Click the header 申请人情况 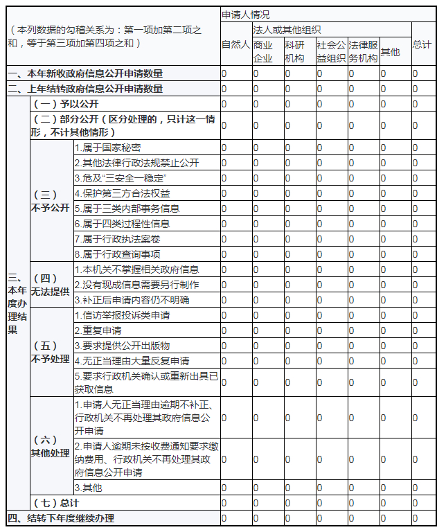click(246, 14)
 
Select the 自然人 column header click(235, 44)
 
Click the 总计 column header click(422, 44)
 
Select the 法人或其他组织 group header click(287, 30)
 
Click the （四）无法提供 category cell click(50, 285)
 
